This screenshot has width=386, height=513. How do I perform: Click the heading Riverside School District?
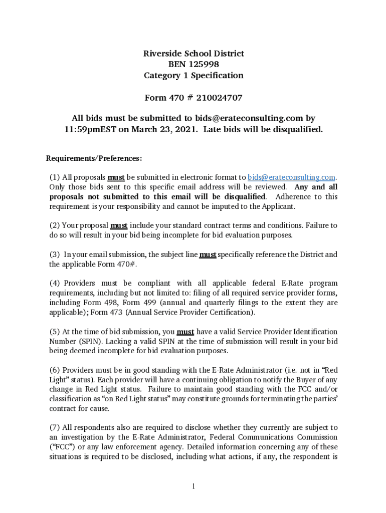193,54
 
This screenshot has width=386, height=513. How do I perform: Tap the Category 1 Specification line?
193,76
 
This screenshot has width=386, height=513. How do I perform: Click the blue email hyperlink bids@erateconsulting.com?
291,177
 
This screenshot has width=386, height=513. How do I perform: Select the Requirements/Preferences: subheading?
94,158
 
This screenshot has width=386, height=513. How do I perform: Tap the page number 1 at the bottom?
193,486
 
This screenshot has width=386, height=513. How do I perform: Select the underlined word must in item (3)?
208,254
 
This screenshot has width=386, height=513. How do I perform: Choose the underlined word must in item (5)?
185,332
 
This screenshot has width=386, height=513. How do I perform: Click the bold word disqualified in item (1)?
241,196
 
